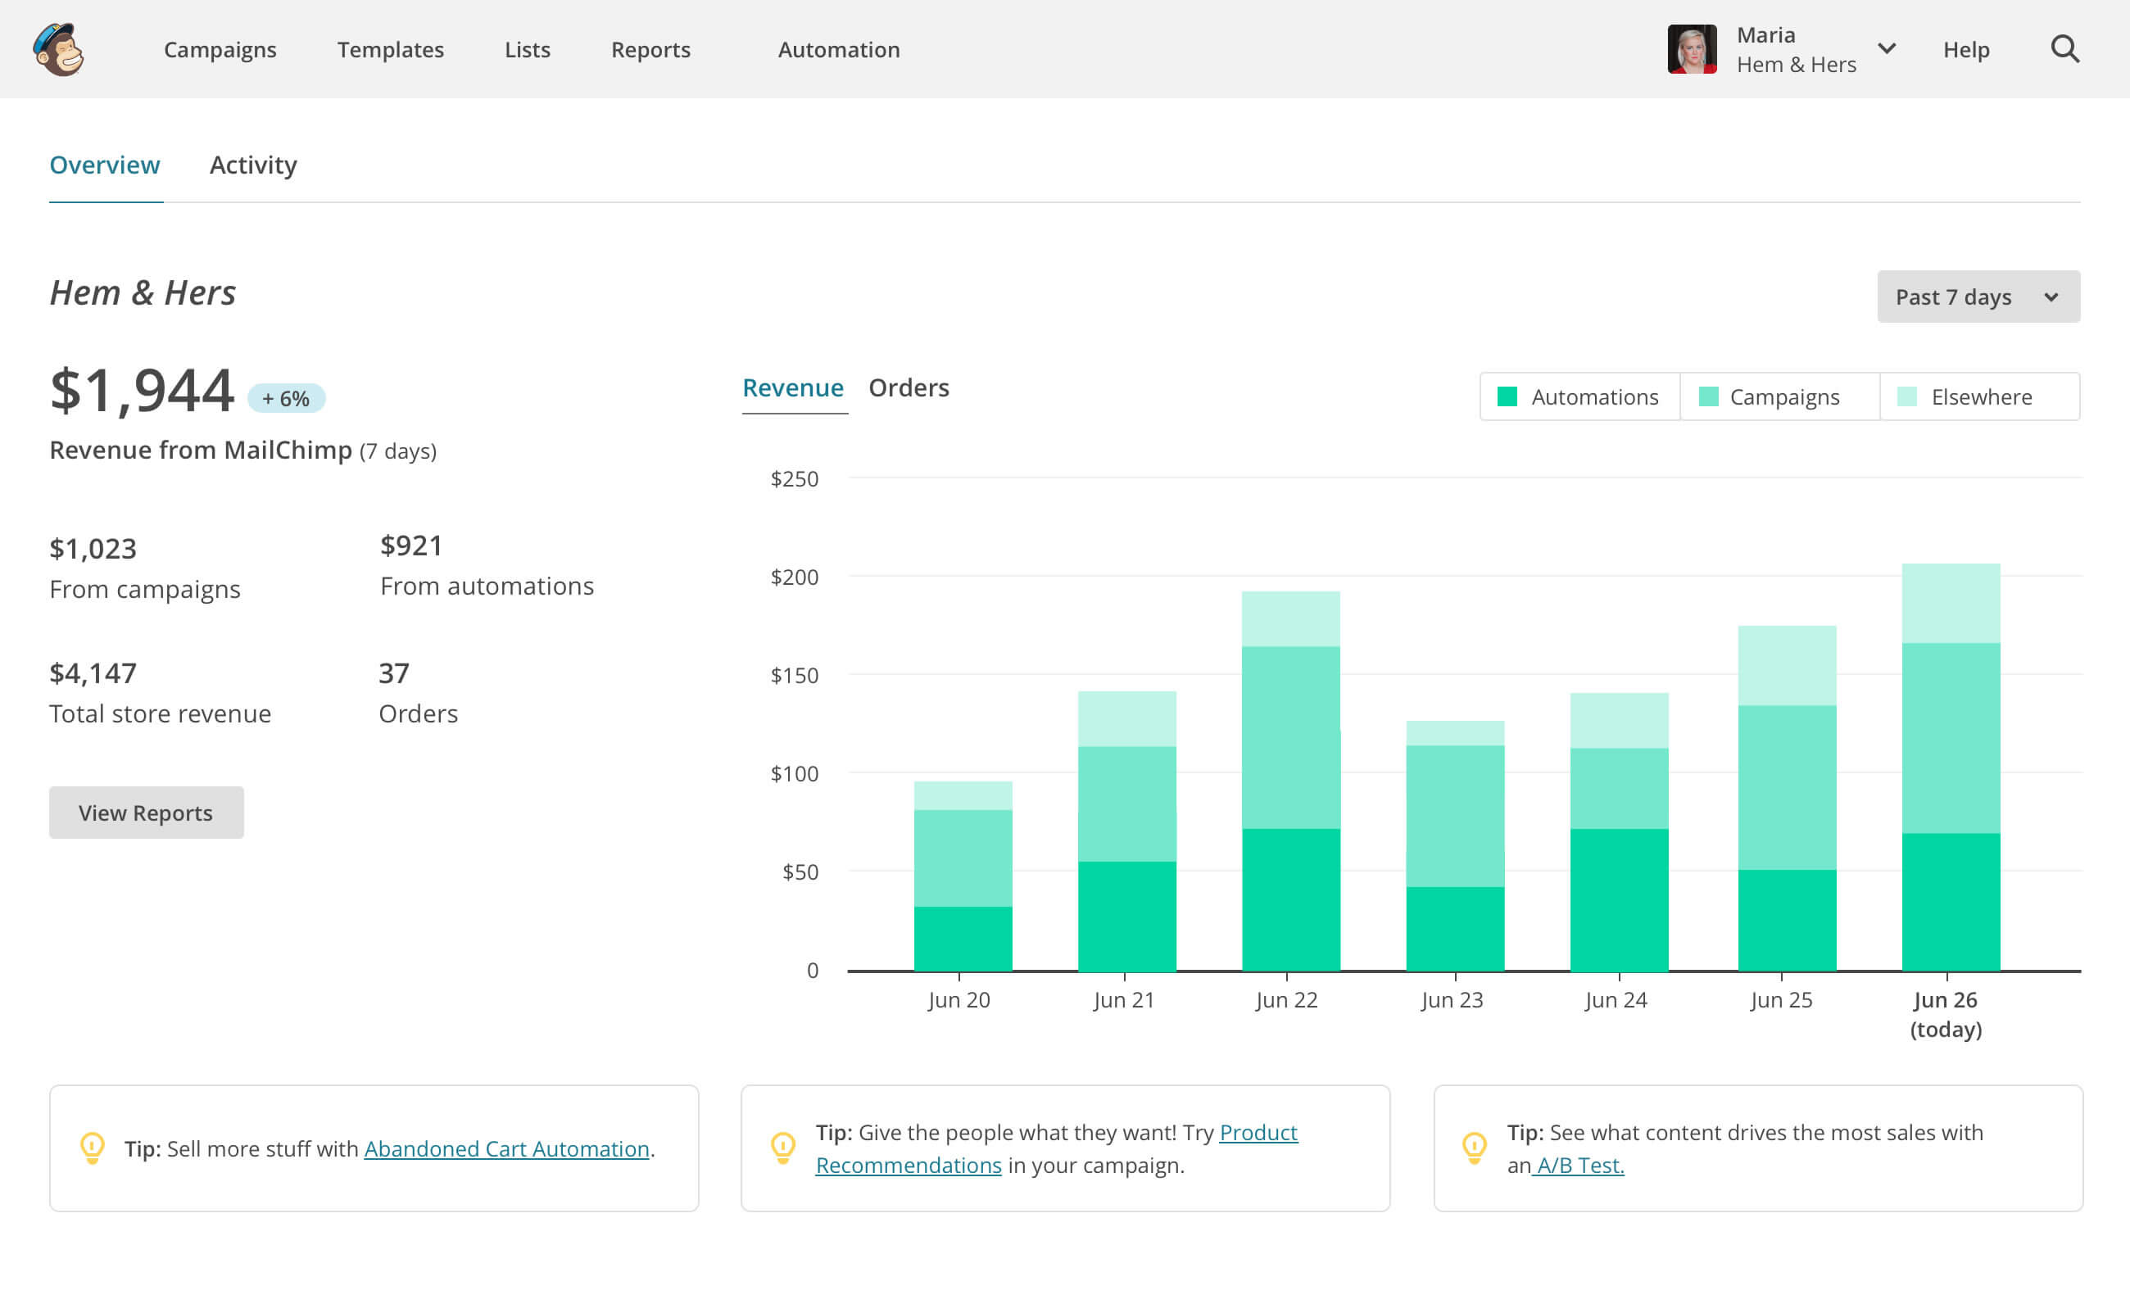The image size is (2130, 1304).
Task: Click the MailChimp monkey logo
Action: click(59, 49)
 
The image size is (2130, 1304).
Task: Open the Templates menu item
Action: click(390, 50)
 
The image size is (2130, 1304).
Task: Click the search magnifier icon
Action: click(2064, 49)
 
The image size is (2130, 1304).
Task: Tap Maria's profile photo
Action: click(1691, 49)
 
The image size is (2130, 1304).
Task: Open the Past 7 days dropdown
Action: click(1977, 297)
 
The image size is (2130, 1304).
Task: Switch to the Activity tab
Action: click(252, 165)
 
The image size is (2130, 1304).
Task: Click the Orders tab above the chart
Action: click(908, 388)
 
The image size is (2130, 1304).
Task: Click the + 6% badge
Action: click(286, 398)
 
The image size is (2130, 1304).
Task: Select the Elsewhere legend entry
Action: click(1979, 396)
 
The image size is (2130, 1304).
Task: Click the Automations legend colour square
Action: click(1507, 396)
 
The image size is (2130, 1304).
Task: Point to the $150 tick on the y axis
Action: click(794, 675)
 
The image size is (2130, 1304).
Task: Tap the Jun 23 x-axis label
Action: click(1452, 1000)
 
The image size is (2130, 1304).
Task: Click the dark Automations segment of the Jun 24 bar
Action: click(1618, 899)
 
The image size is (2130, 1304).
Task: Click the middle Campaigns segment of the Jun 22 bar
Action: click(1290, 737)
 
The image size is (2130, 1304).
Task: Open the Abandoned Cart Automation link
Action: click(506, 1148)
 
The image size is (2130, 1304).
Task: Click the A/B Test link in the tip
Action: click(1578, 1165)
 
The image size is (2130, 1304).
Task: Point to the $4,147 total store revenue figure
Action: click(93, 673)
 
